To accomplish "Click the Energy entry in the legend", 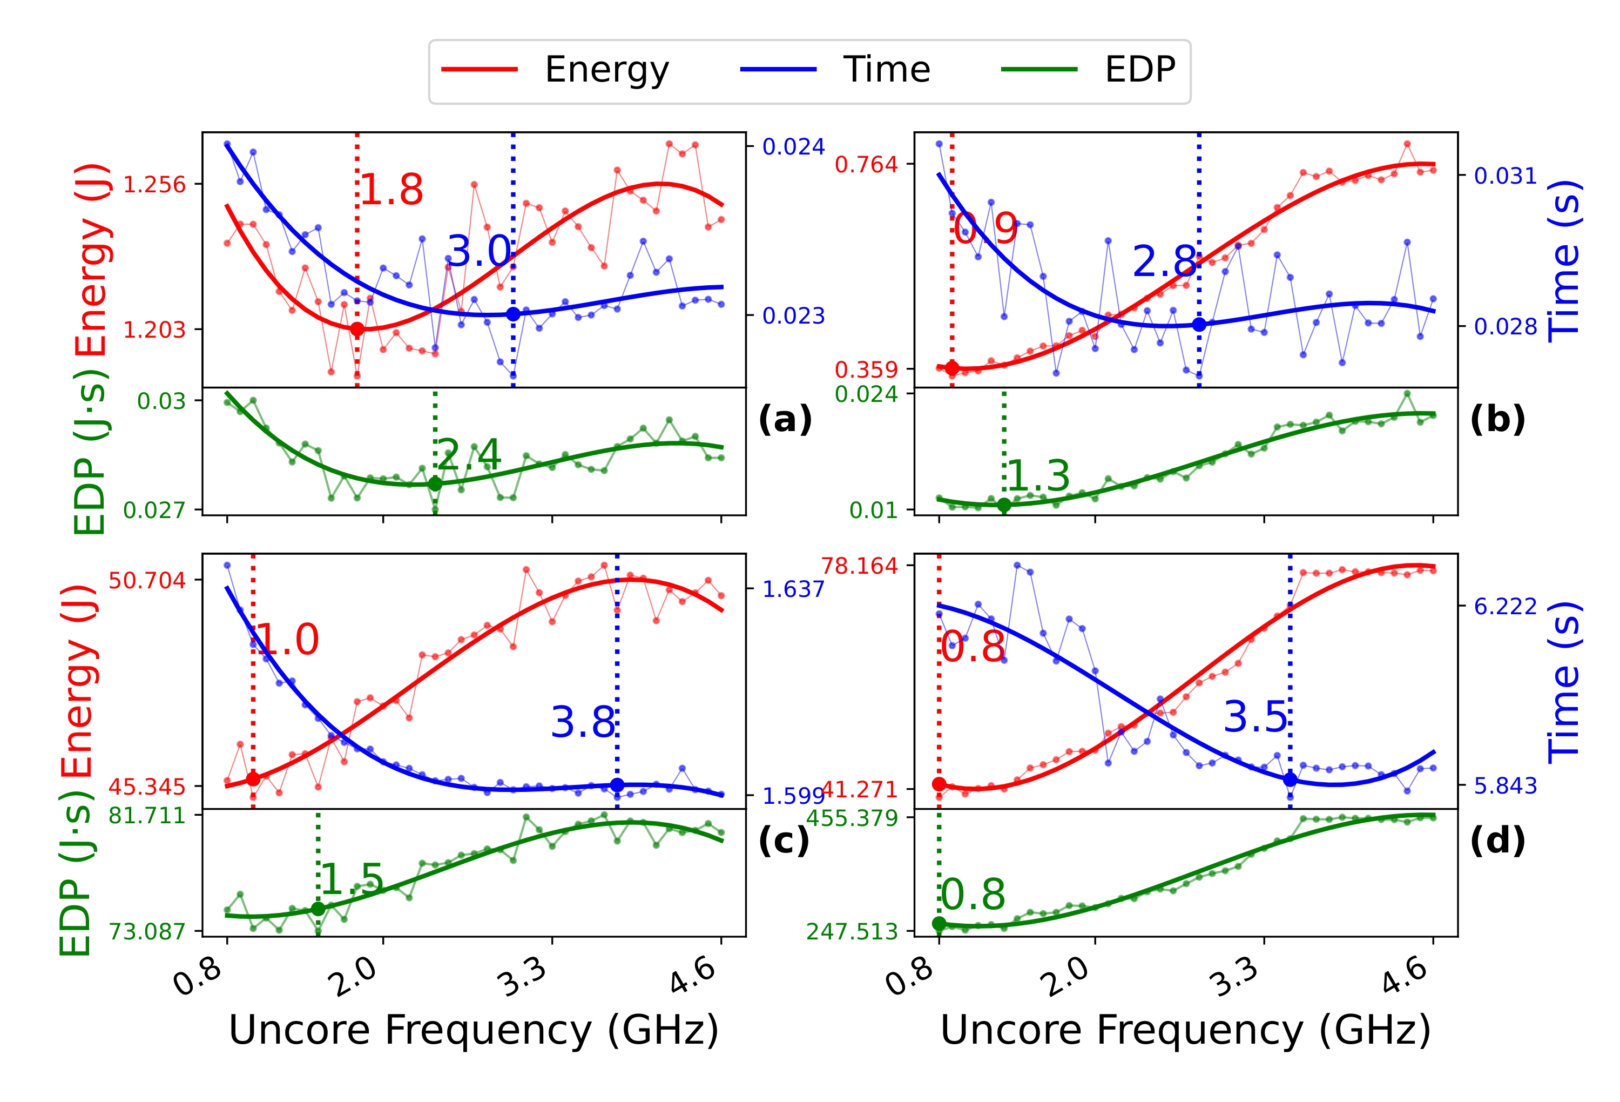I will coord(606,70).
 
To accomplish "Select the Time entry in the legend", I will coord(886,70).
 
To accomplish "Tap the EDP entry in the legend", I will coord(1140,70).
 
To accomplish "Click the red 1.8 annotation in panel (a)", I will coord(391,190).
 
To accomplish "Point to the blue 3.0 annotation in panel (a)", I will coord(479,251).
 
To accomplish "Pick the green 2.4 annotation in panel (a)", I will coord(469,455).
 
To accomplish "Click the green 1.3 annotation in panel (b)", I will coord(1038,476).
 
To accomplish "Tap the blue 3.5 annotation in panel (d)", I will coord(1255,717).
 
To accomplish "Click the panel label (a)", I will coord(785,419).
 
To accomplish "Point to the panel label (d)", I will coord(1497,841).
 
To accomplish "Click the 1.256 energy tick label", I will coord(155,185).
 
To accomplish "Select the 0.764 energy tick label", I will coord(867,165).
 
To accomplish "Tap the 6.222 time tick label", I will coord(1505,607).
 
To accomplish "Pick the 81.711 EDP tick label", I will coord(147,815).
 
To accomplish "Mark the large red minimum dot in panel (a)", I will coord(357,329).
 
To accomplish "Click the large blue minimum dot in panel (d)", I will coord(1290,780).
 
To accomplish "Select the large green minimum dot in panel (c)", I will coord(318,909).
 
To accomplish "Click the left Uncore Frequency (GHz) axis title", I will coord(474,1030).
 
